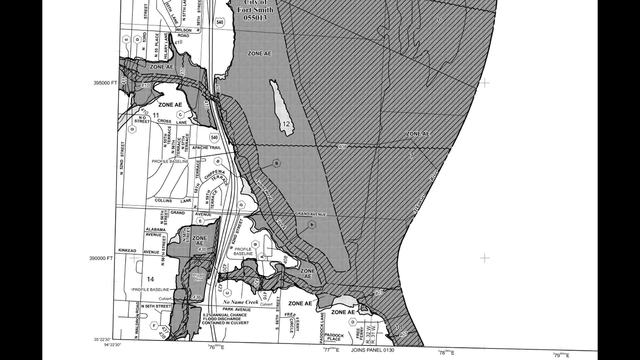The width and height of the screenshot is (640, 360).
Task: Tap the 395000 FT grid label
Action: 105,83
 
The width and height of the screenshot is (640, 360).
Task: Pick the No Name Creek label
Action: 241,302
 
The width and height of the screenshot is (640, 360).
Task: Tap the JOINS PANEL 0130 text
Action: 372,350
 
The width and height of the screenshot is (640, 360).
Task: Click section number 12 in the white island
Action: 286,124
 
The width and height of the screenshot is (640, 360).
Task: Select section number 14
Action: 150,279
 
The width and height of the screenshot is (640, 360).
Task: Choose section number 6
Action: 439,19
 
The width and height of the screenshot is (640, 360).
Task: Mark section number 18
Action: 399,327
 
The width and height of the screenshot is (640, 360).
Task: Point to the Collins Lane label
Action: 173,200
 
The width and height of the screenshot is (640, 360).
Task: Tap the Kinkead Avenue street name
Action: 139,251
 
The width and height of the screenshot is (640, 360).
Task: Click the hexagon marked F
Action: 154,326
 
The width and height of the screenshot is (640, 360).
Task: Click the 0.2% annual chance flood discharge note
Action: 225,319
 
